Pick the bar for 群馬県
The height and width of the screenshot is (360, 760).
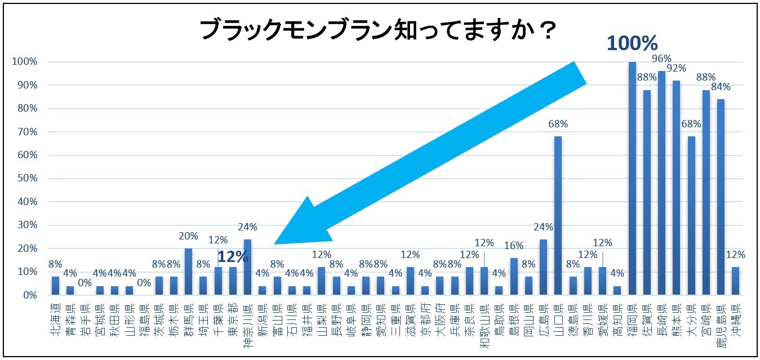(x=188, y=272)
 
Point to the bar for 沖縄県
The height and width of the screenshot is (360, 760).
(x=735, y=281)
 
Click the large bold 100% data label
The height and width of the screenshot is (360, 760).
(x=632, y=43)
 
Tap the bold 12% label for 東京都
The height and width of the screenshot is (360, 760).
(x=233, y=256)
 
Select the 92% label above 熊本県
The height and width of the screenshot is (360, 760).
(x=676, y=68)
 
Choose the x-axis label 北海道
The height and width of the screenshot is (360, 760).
(x=55, y=319)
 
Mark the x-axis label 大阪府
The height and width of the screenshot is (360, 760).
(x=440, y=319)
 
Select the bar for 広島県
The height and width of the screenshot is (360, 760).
(x=544, y=267)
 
